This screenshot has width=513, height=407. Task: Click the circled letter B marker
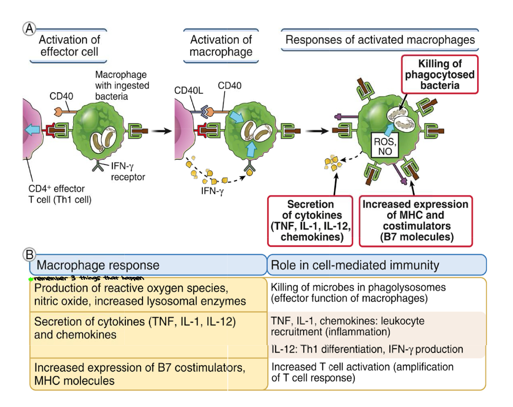tap(29, 254)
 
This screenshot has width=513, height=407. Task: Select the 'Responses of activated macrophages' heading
tap(380, 40)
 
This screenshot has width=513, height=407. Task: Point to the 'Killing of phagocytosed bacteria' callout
tap(439, 75)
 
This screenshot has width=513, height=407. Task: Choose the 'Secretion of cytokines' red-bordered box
tap(310, 220)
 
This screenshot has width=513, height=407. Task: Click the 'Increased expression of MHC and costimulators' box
tap(415, 220)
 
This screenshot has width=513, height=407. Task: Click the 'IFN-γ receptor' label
tap(127, 172)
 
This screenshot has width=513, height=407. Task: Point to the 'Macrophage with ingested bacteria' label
tap(122, 85)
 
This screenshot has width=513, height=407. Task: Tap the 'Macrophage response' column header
tap(98, 266)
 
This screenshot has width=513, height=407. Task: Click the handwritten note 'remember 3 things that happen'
tap(88, 279)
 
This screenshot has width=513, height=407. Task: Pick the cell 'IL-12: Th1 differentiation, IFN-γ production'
tap(367, 350)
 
